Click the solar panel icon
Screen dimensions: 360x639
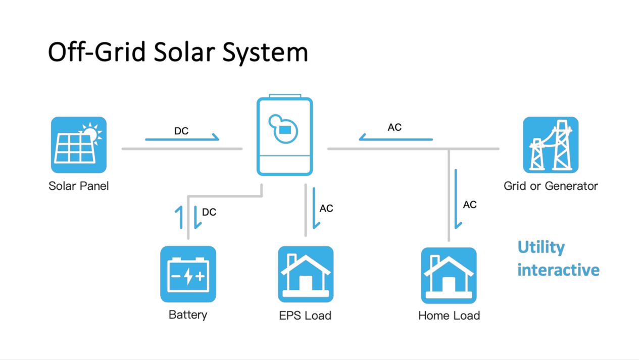pyautogui.click(x=79, y=145)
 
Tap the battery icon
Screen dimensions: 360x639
pyautogui.click(x=188, y=274)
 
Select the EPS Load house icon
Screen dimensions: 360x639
pyautogui.click(x=306, y=274)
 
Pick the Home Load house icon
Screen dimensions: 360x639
pyautogui.click(x=449, y=275)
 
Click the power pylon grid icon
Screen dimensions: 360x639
pyautogui.click(x=551, y=145)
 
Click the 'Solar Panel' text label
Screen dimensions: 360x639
pyautogui.click(x=79, y=186)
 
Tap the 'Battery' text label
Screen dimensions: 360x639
pyautogui.click(x=188, y=315)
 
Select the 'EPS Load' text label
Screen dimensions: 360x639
pyautogui.click(x=305, y=316)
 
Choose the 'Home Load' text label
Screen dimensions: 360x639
pyautogui.click(x=449, y=316)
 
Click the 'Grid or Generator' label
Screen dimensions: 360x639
pyautogui.click(x=551, y=186)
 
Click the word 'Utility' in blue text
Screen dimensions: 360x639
pyautogui.click(x=541, y=247)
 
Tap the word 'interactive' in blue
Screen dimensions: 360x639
pyautogui.click(x=558, y=270)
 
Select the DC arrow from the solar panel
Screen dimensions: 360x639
pyautogui.click(x=182, y=138)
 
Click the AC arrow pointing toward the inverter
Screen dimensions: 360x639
pyautogui.click(x=396, y=138)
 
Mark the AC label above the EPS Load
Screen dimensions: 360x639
pyautogui.click(x=326, y=209)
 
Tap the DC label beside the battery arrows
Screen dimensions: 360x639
pyautogui.click(x=209, y=212)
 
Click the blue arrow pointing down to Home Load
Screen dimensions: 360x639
pyautogui.click(x=457, y=199)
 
